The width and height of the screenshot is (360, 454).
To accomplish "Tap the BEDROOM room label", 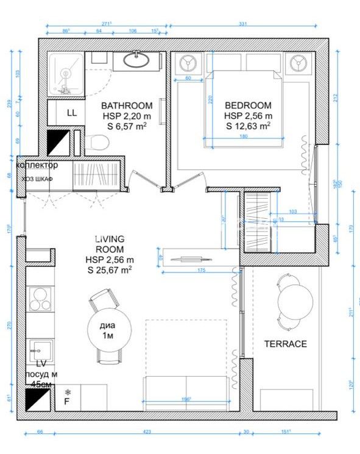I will (248, 105).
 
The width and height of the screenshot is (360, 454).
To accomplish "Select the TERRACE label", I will (285, 344).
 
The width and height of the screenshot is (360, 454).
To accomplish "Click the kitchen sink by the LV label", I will (40, 350).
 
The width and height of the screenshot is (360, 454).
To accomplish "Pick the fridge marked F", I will (67, 401).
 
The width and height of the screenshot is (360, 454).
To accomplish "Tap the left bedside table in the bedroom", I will (187, 65).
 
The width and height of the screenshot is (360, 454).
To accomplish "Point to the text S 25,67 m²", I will (110, 269).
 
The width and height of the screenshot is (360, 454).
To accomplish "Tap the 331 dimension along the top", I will (242, 24).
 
